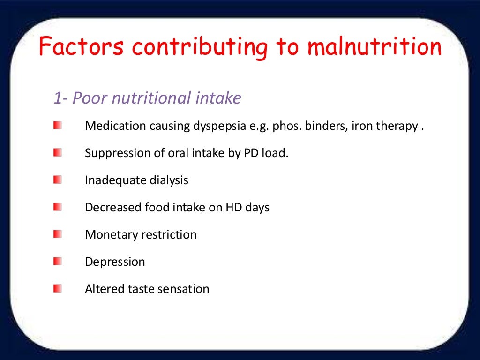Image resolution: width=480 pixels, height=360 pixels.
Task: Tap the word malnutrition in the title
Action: tap(375, 47)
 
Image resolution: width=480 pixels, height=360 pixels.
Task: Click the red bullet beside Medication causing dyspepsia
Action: tap(57, 126)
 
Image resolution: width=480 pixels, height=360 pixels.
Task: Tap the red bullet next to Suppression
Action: tap(57, 153)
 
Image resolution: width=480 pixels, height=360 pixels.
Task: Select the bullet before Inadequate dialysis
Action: tap(57, 180)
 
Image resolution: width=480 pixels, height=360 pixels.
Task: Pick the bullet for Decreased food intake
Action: tap(57, 207)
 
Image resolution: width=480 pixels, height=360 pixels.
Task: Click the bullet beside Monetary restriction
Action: tap(57, 234)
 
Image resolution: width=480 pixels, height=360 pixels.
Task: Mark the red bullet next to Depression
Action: tap(57, 261)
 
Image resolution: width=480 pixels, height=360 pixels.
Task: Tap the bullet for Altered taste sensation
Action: tap(57, 288)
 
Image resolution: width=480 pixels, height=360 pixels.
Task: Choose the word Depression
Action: tap(115, 262)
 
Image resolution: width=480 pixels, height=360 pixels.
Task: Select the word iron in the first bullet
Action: tap(361, 127)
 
